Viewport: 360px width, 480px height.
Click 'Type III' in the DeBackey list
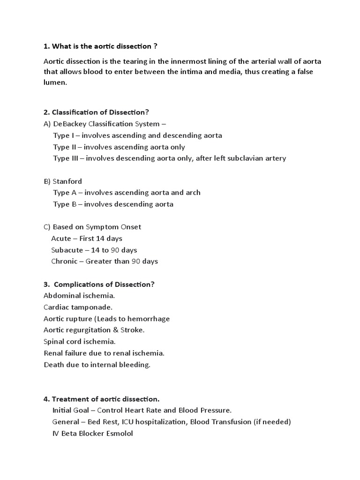(x=66, y=158)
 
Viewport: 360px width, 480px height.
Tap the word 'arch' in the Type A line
(x=193, y=193)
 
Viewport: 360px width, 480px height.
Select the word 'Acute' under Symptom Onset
(x=61, y=239)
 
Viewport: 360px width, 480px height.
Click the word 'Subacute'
(x=67, y=250)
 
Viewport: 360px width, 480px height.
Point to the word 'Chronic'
(x=64, y=261)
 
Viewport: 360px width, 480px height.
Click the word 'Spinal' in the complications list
(x=53, y=342)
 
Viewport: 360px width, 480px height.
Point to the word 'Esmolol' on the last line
(x=119, y=434)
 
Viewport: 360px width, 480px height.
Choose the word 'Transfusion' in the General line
(x=231, y=422)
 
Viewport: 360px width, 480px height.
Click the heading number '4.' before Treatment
(x=46, y=399)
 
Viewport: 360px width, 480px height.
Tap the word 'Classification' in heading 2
(x=74, y=112)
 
